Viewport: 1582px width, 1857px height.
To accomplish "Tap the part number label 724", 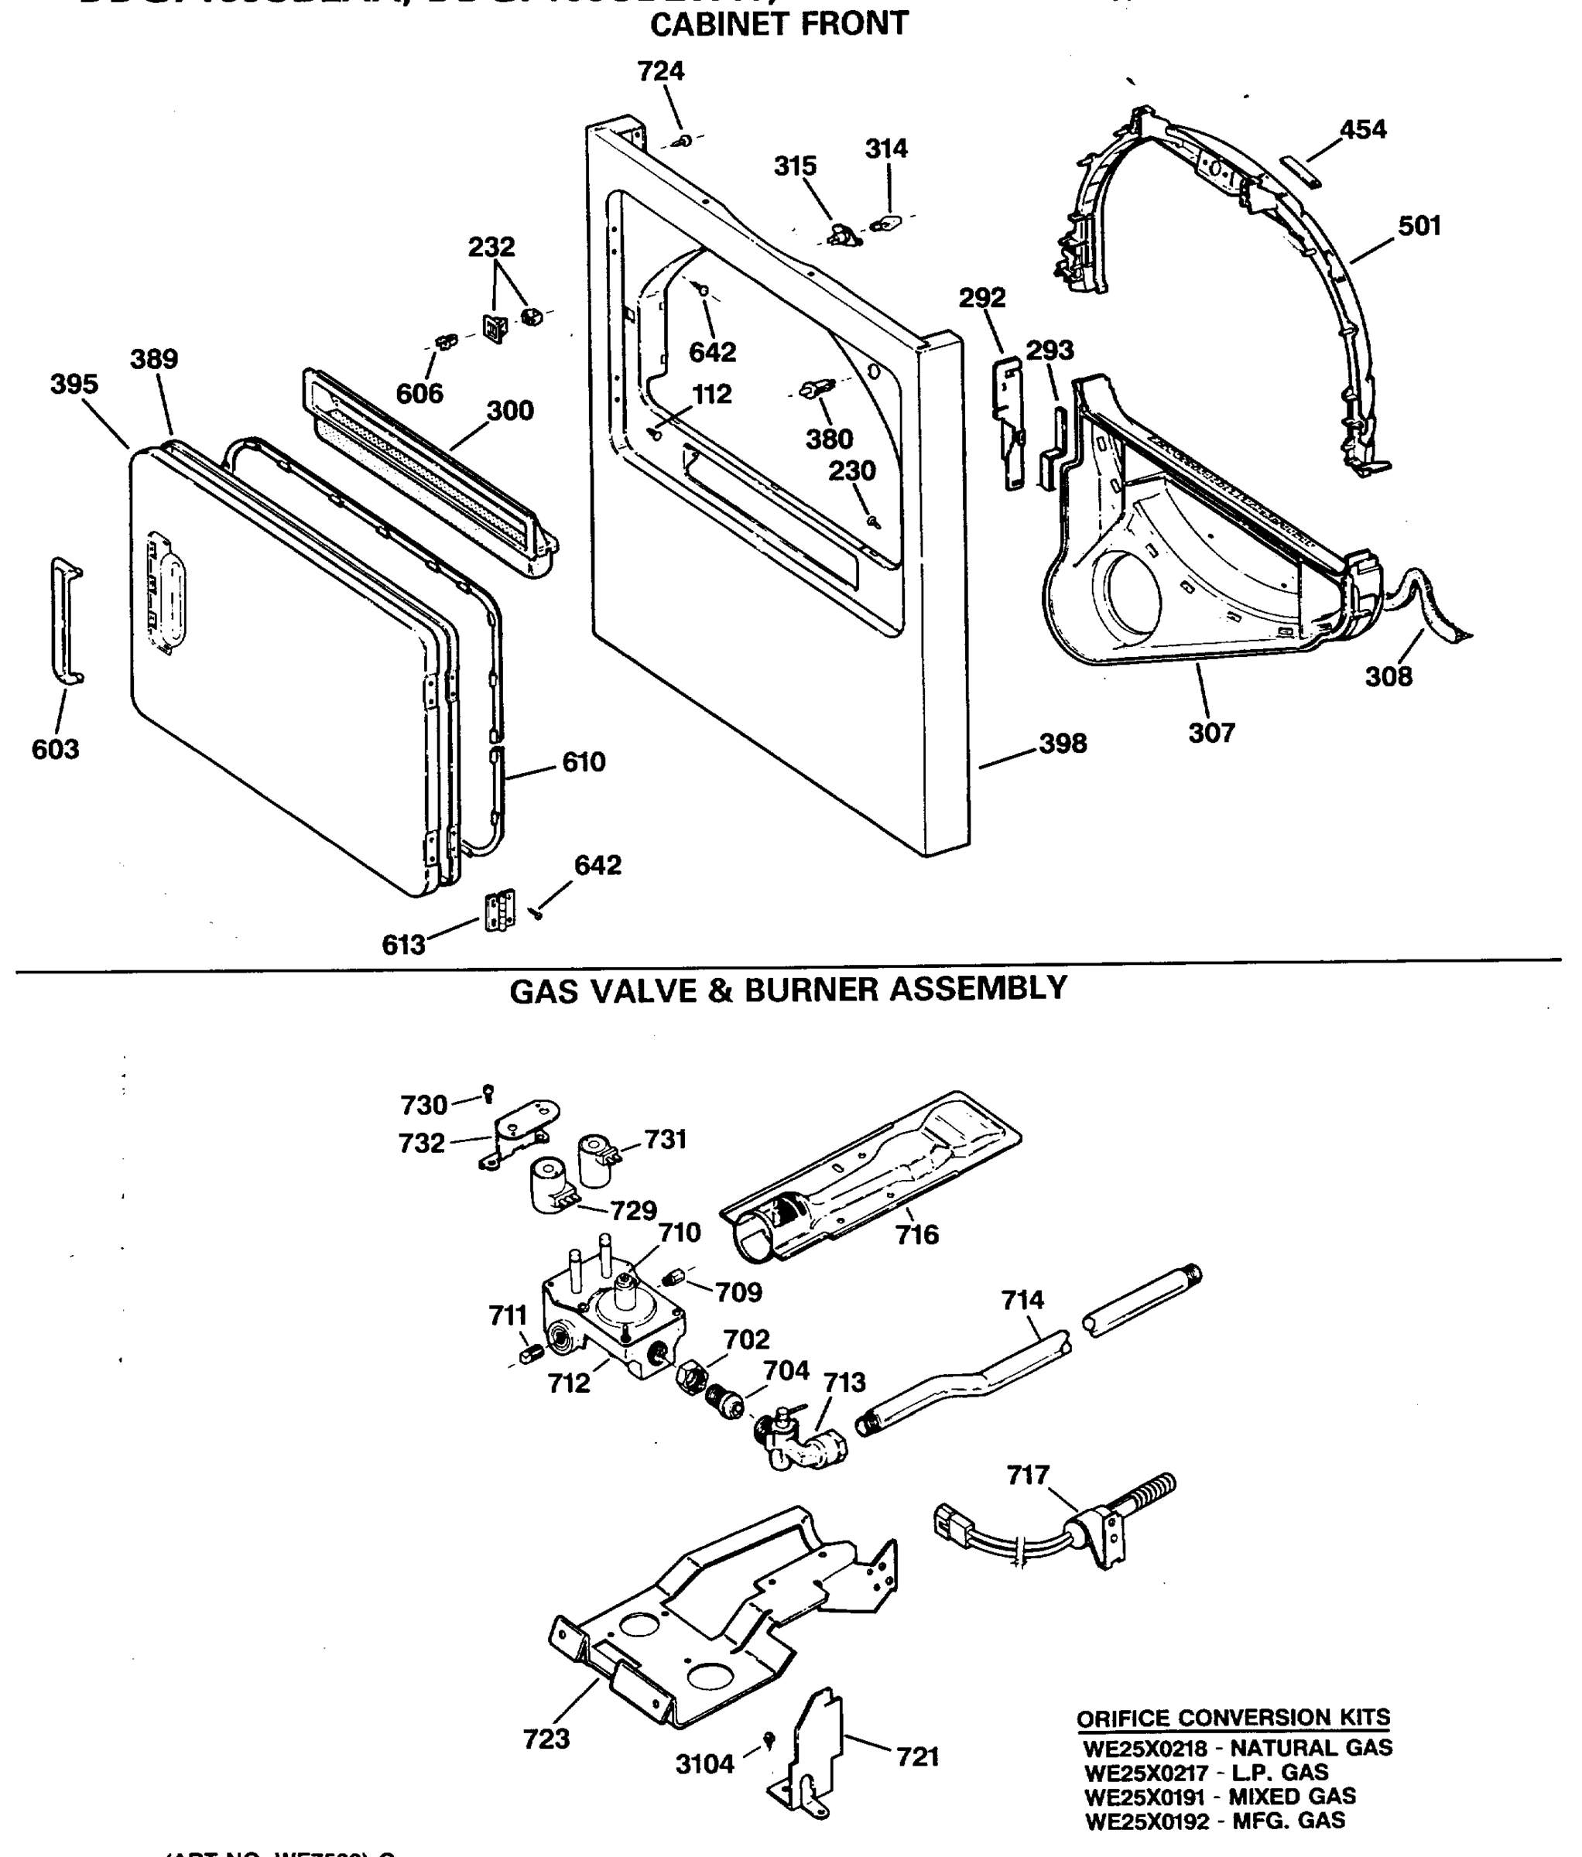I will click(661, 72).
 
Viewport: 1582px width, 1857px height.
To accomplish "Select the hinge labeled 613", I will click(500, 910).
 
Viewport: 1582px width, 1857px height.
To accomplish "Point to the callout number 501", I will click(1419, 226).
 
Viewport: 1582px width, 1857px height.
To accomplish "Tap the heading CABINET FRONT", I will click(778, 24).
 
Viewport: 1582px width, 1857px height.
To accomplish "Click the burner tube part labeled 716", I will click(869, 1174).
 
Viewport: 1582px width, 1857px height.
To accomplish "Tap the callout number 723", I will click(546, 1739).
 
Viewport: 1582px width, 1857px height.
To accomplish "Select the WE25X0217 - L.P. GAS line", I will click(1206, 1773).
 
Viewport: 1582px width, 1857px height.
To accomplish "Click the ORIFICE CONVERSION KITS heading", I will click(1232, 1718).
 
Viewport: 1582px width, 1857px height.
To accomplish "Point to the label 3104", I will click(704, 1764).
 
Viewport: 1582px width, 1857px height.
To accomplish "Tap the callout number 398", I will click(1063, 743).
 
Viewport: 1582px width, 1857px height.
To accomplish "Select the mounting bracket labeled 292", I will click(1009, 421).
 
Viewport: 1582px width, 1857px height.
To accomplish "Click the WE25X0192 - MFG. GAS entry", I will click(1214, 1821).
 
